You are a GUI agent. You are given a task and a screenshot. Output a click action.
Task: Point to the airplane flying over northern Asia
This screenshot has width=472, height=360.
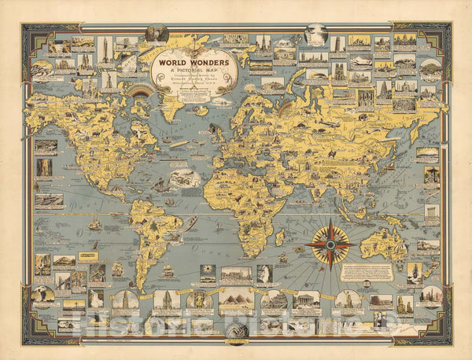tap(331, 123)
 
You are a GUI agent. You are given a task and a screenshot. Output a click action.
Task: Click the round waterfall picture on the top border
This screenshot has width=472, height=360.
tap(315, 33)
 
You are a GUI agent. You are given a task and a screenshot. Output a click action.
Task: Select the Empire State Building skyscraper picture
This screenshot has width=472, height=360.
tap(105, 53)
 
